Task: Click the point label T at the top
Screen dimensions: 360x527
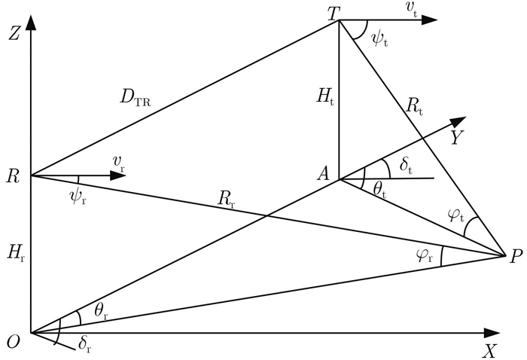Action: [330, 10]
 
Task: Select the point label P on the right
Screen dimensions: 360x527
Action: [515, 257]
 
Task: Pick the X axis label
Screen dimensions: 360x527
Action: [490, 349]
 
